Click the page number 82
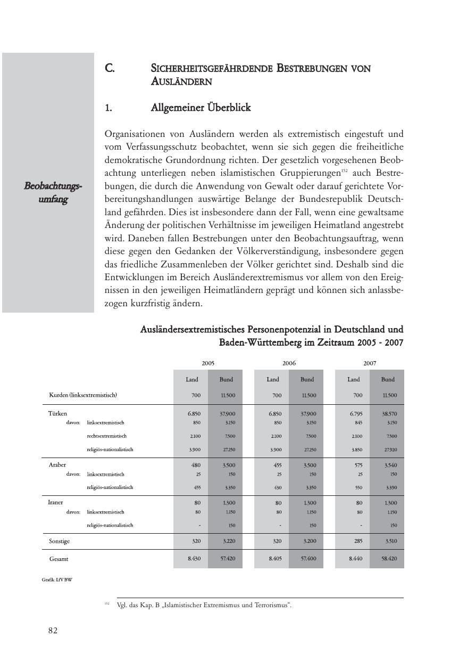[53, 631]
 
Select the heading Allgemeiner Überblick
[201, 108]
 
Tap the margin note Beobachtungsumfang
[53, 192]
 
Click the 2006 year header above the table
[289, 363]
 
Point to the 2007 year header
[370, 363]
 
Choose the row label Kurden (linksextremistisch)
[83, 395]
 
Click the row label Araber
[57, 464]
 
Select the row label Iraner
[56, 502]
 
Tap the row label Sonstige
[59, 541]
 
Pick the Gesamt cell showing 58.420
[388, 559]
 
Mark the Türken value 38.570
[388, 413]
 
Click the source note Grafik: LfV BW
[57, 580]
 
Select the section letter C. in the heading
[110, 69]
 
